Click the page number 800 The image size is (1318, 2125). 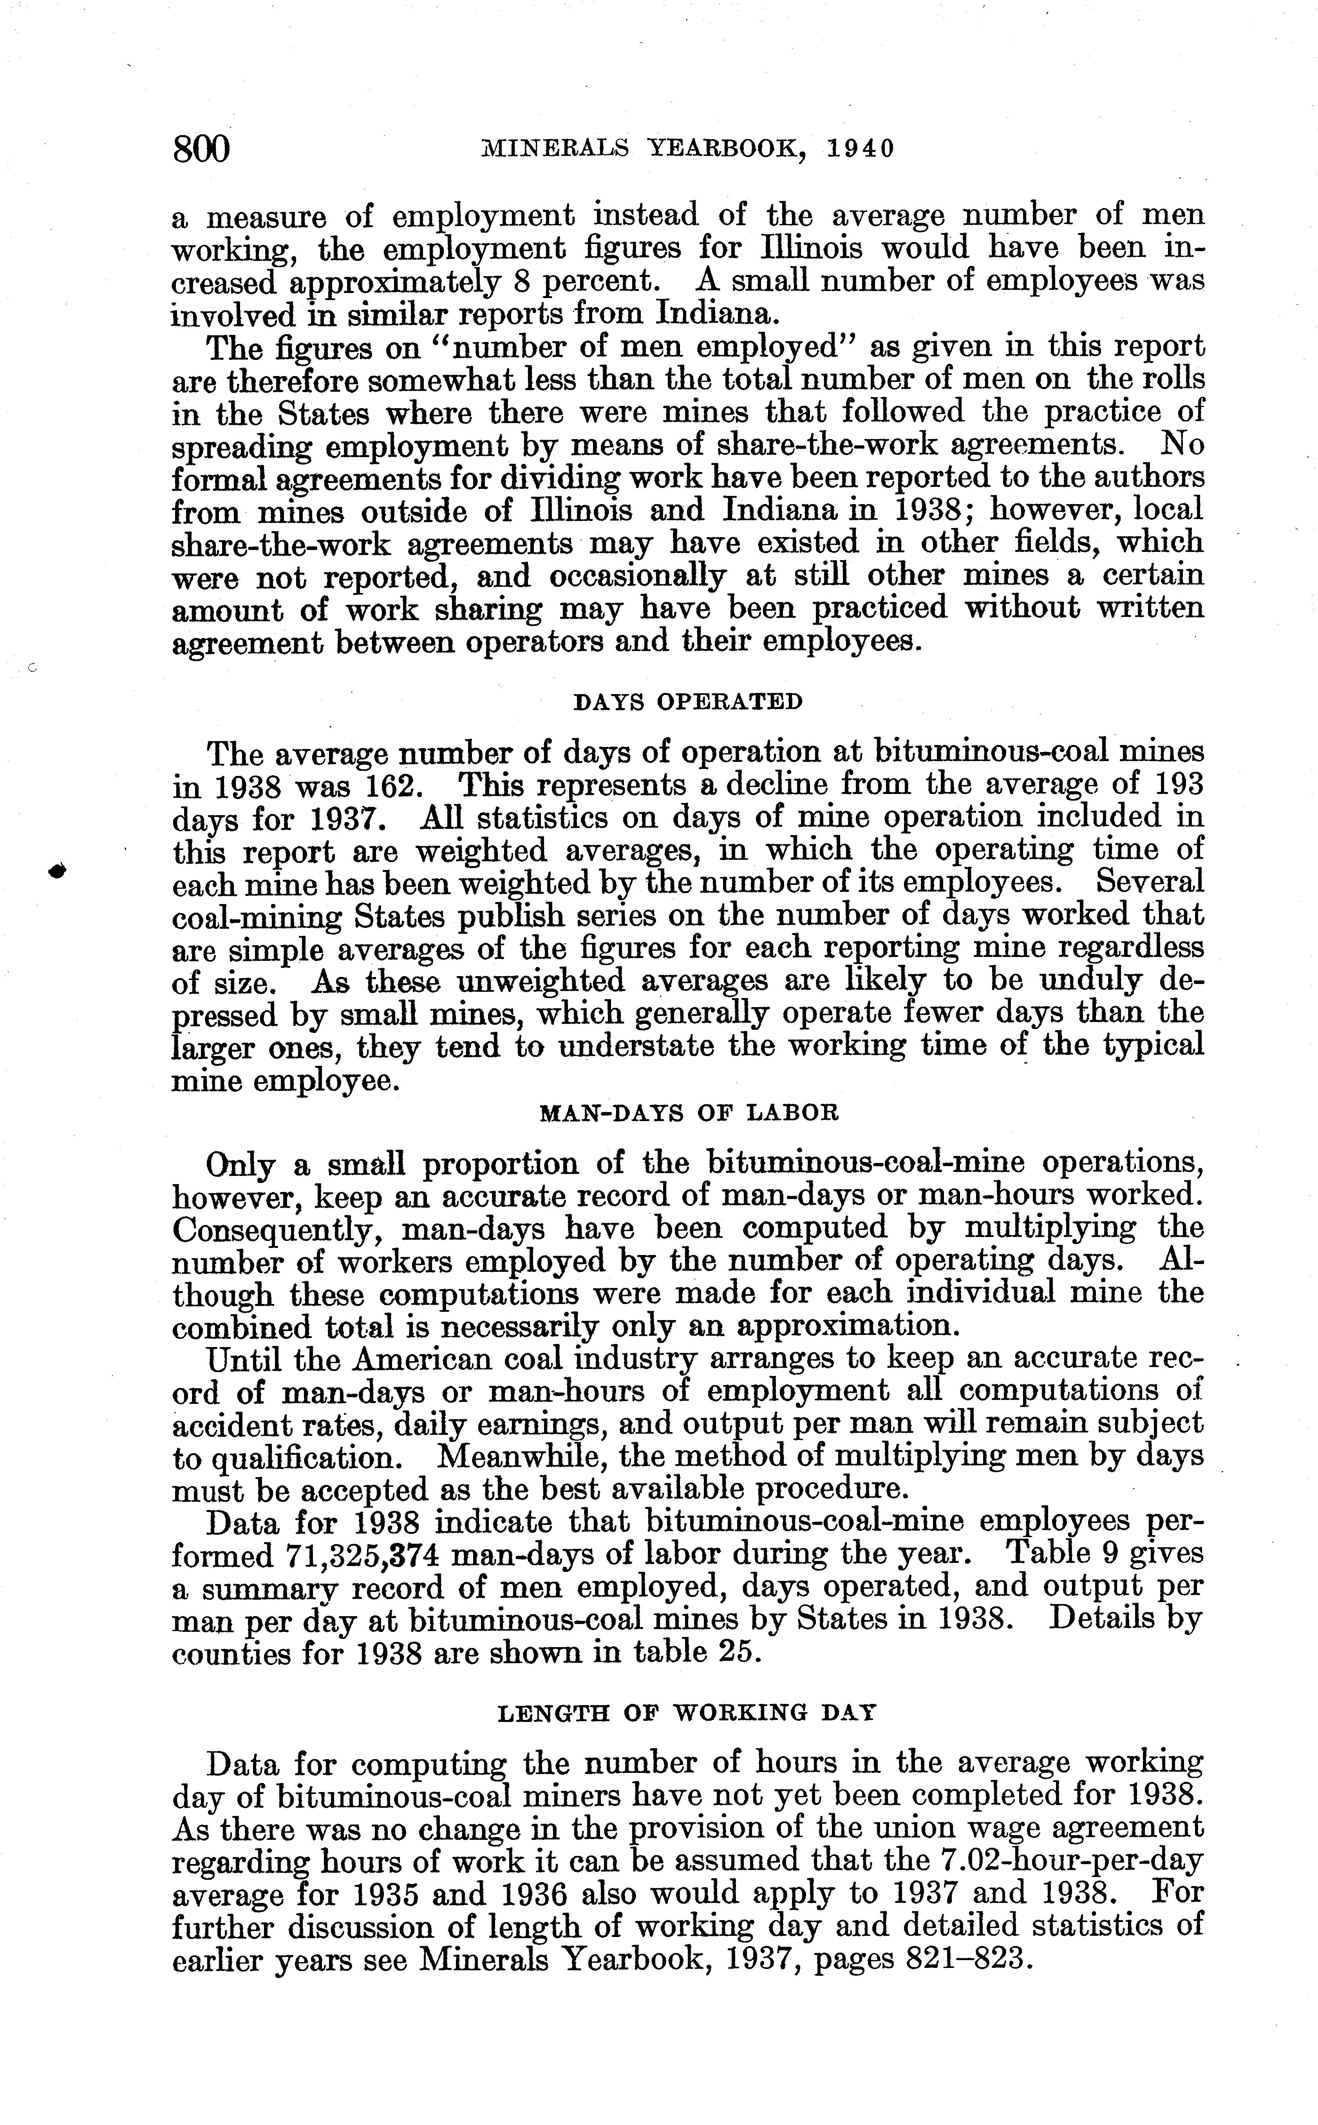[201, 149]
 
